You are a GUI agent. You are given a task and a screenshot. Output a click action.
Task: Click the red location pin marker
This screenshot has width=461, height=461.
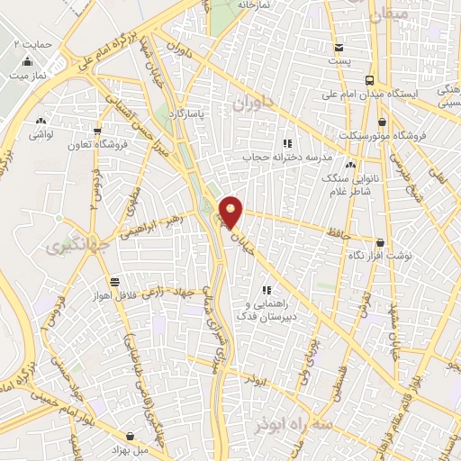point(232,212)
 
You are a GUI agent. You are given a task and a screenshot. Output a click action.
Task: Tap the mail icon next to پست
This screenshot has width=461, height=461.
point(338,48)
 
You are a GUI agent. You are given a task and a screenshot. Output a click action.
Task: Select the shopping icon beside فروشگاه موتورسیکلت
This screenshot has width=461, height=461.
point(383,122)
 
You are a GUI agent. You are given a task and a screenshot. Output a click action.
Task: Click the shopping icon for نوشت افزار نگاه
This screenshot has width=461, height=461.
point(380,242)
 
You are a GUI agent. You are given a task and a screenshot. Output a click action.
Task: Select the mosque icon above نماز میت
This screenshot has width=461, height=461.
point(27,62)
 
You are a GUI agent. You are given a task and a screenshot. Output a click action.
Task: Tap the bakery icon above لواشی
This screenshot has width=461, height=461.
point(39,120)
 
